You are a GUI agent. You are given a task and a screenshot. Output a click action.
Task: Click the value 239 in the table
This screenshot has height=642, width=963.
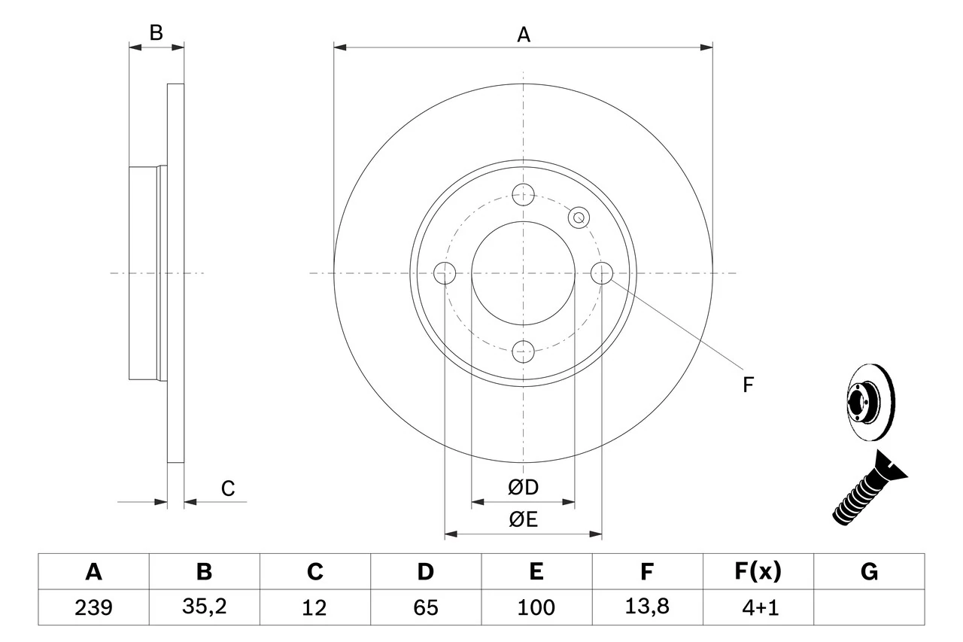click(93, 607)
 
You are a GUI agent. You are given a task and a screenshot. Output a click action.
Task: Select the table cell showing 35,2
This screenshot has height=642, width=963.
click(204, 607)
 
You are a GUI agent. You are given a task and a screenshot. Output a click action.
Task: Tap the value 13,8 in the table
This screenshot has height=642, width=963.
click(646, 607)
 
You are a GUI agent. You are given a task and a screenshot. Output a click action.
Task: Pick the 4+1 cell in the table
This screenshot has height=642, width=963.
click(758, 607)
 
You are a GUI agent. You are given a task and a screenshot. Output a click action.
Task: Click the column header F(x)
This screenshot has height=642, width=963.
click(758, 572)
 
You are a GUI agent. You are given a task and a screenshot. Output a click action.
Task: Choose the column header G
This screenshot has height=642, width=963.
click(869, 572)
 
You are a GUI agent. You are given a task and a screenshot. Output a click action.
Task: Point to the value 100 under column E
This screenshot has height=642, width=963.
click(536, 607)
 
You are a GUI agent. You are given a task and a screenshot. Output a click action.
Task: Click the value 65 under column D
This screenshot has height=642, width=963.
click(425, 607)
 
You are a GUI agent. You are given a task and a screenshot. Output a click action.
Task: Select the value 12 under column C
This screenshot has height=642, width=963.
click(314, 607)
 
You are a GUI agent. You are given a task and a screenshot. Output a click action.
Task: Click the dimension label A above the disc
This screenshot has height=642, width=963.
click(524, 34)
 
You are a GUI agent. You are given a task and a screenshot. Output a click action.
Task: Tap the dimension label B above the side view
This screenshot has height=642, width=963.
click(156, 33)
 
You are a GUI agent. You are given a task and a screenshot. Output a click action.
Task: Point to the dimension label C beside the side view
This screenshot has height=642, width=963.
click(228, 488)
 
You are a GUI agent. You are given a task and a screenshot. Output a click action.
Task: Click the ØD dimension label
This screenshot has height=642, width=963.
click(524, 488)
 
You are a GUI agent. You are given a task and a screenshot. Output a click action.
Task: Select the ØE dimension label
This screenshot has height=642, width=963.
click(524, 520)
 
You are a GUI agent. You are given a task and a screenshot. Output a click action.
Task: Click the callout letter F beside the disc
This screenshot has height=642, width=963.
click(748, 385)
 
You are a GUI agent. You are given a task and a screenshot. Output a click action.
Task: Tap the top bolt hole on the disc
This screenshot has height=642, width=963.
click(523, 194)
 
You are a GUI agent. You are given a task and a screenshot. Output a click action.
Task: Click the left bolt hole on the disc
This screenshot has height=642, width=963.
click(445, 272)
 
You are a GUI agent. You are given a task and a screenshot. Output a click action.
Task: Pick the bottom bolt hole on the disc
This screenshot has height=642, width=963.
click(523, 350)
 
